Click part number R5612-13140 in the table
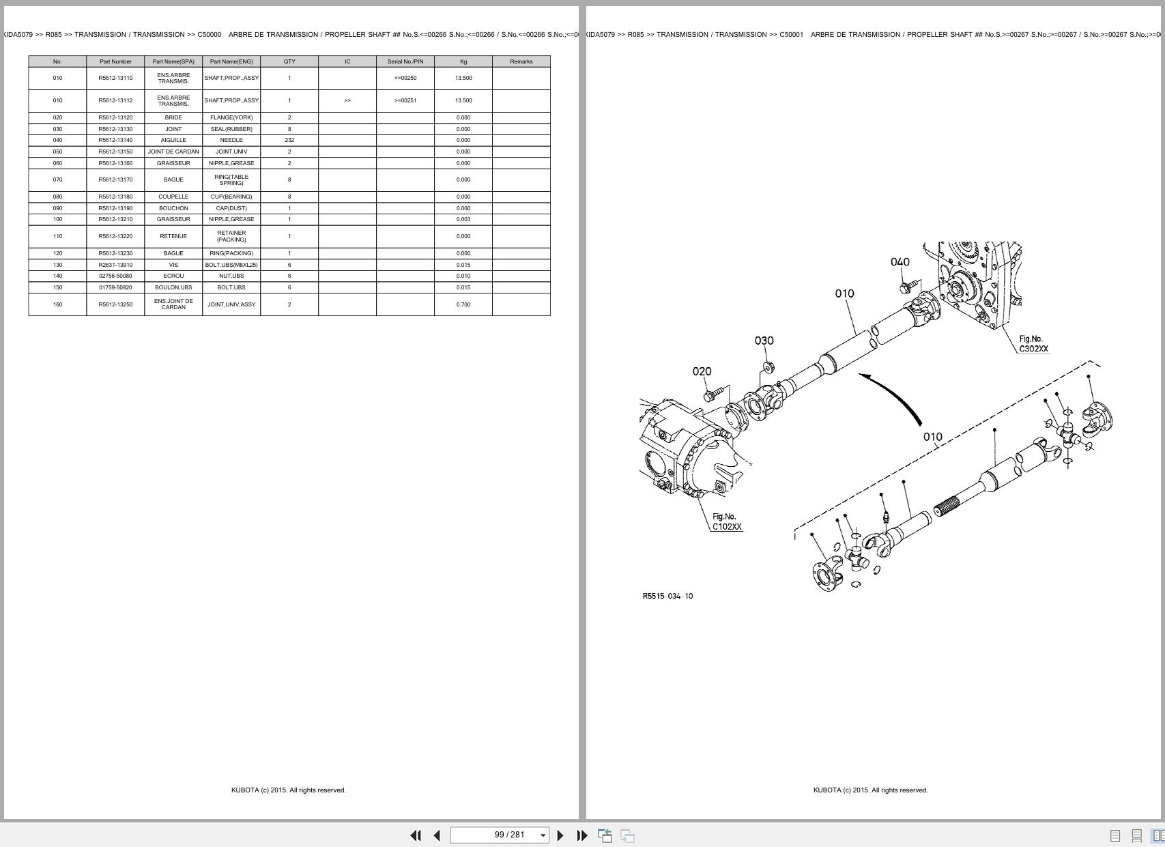(115, 140)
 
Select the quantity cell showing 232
(289, 140)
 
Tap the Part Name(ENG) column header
(231, 61)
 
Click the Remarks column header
(521, 61)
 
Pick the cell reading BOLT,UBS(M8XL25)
(231, 265)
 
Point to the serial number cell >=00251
(405, 100)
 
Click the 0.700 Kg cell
(463, 304)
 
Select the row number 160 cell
(57, 304)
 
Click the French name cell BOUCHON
(173, 208)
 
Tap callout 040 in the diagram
(900, 262)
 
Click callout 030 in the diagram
(764, 341)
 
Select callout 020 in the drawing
(702, 371)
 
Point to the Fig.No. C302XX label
(1033, 344)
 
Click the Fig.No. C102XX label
(726, 522)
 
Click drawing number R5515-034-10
(667, 597)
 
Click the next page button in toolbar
(560, 835)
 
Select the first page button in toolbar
(415, 835)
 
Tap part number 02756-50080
(115, 276)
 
